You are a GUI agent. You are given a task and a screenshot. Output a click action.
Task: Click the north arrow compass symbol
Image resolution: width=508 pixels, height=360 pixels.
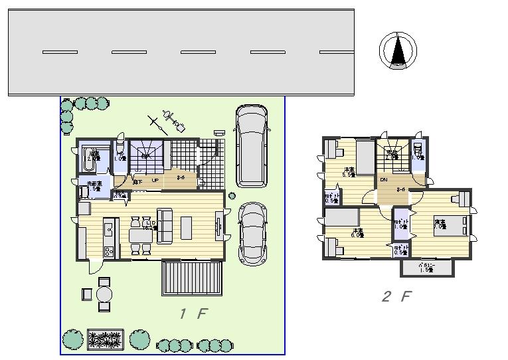click(398, 50)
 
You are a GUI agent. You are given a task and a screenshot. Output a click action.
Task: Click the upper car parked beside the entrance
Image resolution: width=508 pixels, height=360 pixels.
click(250, 145)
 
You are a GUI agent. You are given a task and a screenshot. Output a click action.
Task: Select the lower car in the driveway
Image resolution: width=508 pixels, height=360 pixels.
click(251, 233)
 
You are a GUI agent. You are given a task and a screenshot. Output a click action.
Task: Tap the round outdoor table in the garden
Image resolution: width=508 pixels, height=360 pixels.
click(104, 293)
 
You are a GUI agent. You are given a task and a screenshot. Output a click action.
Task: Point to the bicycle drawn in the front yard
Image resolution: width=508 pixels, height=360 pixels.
click(169, 120)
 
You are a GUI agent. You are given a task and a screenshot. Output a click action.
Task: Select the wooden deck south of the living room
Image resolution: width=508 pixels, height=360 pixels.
click(192, 278)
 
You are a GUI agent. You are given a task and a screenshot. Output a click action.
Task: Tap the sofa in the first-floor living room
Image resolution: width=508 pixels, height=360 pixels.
click(163, 225)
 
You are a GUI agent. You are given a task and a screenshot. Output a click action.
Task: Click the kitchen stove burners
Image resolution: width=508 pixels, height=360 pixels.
click(108, 251)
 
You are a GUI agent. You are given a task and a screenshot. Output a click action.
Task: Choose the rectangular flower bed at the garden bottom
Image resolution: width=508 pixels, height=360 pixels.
click(106, 339)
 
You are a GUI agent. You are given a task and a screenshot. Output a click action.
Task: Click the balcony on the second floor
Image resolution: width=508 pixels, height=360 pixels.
click(427, 268)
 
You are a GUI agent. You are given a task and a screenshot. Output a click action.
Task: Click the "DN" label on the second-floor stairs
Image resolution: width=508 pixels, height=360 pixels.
click(384, 180)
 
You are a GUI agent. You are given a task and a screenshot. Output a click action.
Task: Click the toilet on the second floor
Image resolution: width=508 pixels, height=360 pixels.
click(418, 151)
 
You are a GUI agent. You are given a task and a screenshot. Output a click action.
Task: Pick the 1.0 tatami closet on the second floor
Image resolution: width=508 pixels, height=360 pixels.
click(400, 226)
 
